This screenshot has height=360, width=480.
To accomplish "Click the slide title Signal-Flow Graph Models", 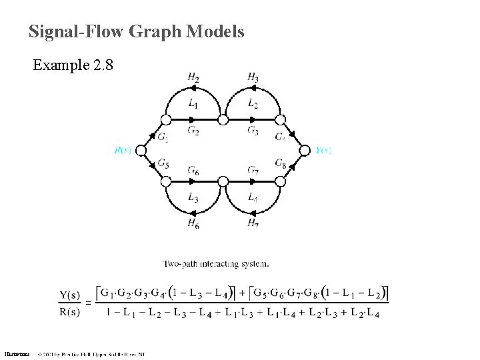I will tap(136, 31).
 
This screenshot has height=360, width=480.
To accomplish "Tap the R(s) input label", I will tap(123, 151).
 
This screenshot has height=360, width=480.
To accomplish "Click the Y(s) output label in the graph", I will tap(323, 151).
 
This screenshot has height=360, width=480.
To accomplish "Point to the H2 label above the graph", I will tap(193, 78).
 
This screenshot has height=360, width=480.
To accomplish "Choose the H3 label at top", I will tap(253, 78).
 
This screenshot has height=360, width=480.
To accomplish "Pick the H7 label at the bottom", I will tap(253, 223).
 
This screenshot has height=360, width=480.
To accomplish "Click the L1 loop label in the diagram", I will tap(193, 103).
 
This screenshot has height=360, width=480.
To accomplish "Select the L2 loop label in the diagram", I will tap(253, 103).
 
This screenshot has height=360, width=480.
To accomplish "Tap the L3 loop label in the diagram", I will tap(193, 197).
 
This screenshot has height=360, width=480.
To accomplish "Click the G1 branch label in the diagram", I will tap(163, 137).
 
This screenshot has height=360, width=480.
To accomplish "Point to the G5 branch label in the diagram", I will tap(163, 163).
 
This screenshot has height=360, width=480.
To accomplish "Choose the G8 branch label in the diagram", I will tap(281, 163).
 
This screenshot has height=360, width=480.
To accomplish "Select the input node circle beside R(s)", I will tap(141, 151).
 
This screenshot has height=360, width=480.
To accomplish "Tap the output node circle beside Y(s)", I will tap(306, 151).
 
